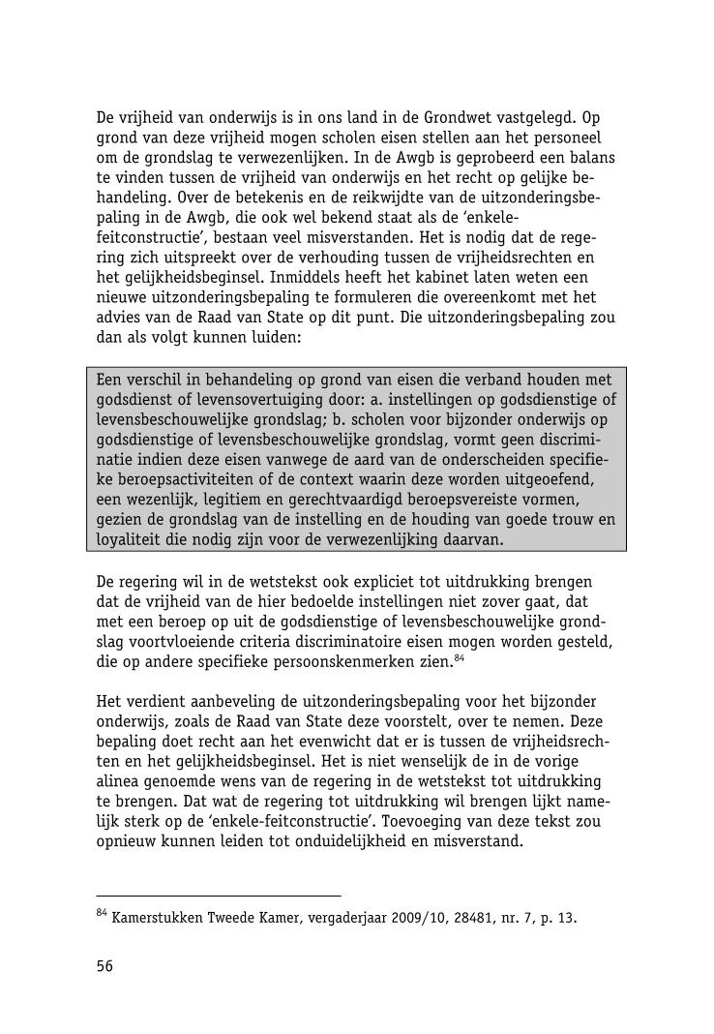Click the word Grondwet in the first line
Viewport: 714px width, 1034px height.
[468, 118]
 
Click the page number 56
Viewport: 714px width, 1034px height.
[104, 965]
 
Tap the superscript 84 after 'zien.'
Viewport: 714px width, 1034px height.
[461, 657]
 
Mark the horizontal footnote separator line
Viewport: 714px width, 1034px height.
[219, 896]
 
